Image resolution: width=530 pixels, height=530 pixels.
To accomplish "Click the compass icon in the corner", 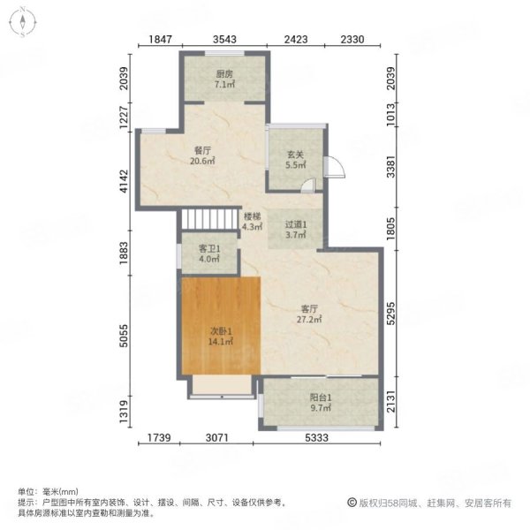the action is [22, 22].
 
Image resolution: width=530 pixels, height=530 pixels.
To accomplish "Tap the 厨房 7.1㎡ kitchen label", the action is [224, 79].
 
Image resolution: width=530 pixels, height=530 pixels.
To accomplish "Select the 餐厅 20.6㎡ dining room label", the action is [202, 155].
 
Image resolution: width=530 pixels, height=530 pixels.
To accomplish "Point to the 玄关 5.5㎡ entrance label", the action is [296, 160].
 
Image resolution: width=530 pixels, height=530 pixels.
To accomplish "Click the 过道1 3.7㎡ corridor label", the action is [296, 230].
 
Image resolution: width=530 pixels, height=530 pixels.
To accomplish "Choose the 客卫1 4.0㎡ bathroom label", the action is [209, 254].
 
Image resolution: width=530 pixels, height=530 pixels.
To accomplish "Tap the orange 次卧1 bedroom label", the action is [220, 337].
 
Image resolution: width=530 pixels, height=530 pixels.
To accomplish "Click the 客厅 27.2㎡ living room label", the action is [309, 314].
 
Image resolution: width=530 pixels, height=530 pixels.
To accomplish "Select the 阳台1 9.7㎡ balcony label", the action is [321, 403].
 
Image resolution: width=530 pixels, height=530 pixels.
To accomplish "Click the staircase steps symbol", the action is [209, 219].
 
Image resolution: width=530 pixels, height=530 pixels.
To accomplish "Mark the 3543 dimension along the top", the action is [224, 40].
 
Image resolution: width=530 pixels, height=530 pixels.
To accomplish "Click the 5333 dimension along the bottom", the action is [317, 438].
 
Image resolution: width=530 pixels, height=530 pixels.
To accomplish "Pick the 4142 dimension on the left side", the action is [125, 181].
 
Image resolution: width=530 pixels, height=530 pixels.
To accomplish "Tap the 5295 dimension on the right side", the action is [390, 314].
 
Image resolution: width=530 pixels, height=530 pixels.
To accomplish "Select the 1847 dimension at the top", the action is [161, 40].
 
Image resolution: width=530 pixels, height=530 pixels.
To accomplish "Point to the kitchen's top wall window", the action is [224, 53].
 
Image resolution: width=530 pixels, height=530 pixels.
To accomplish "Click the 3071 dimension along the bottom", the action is [217, 438].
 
